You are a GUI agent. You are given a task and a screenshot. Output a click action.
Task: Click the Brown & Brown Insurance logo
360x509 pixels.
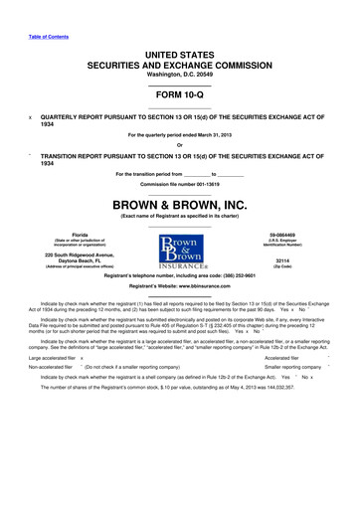tap(179, 245)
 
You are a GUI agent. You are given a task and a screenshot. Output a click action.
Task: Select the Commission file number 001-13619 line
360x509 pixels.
tap(180, 184)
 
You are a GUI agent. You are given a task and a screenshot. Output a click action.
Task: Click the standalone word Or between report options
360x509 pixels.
tap(179, 145)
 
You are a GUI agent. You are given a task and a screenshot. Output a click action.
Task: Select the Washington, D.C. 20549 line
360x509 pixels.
tap(180, 75)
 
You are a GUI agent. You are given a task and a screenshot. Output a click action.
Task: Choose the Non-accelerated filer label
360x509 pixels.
tap(47, 367)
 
